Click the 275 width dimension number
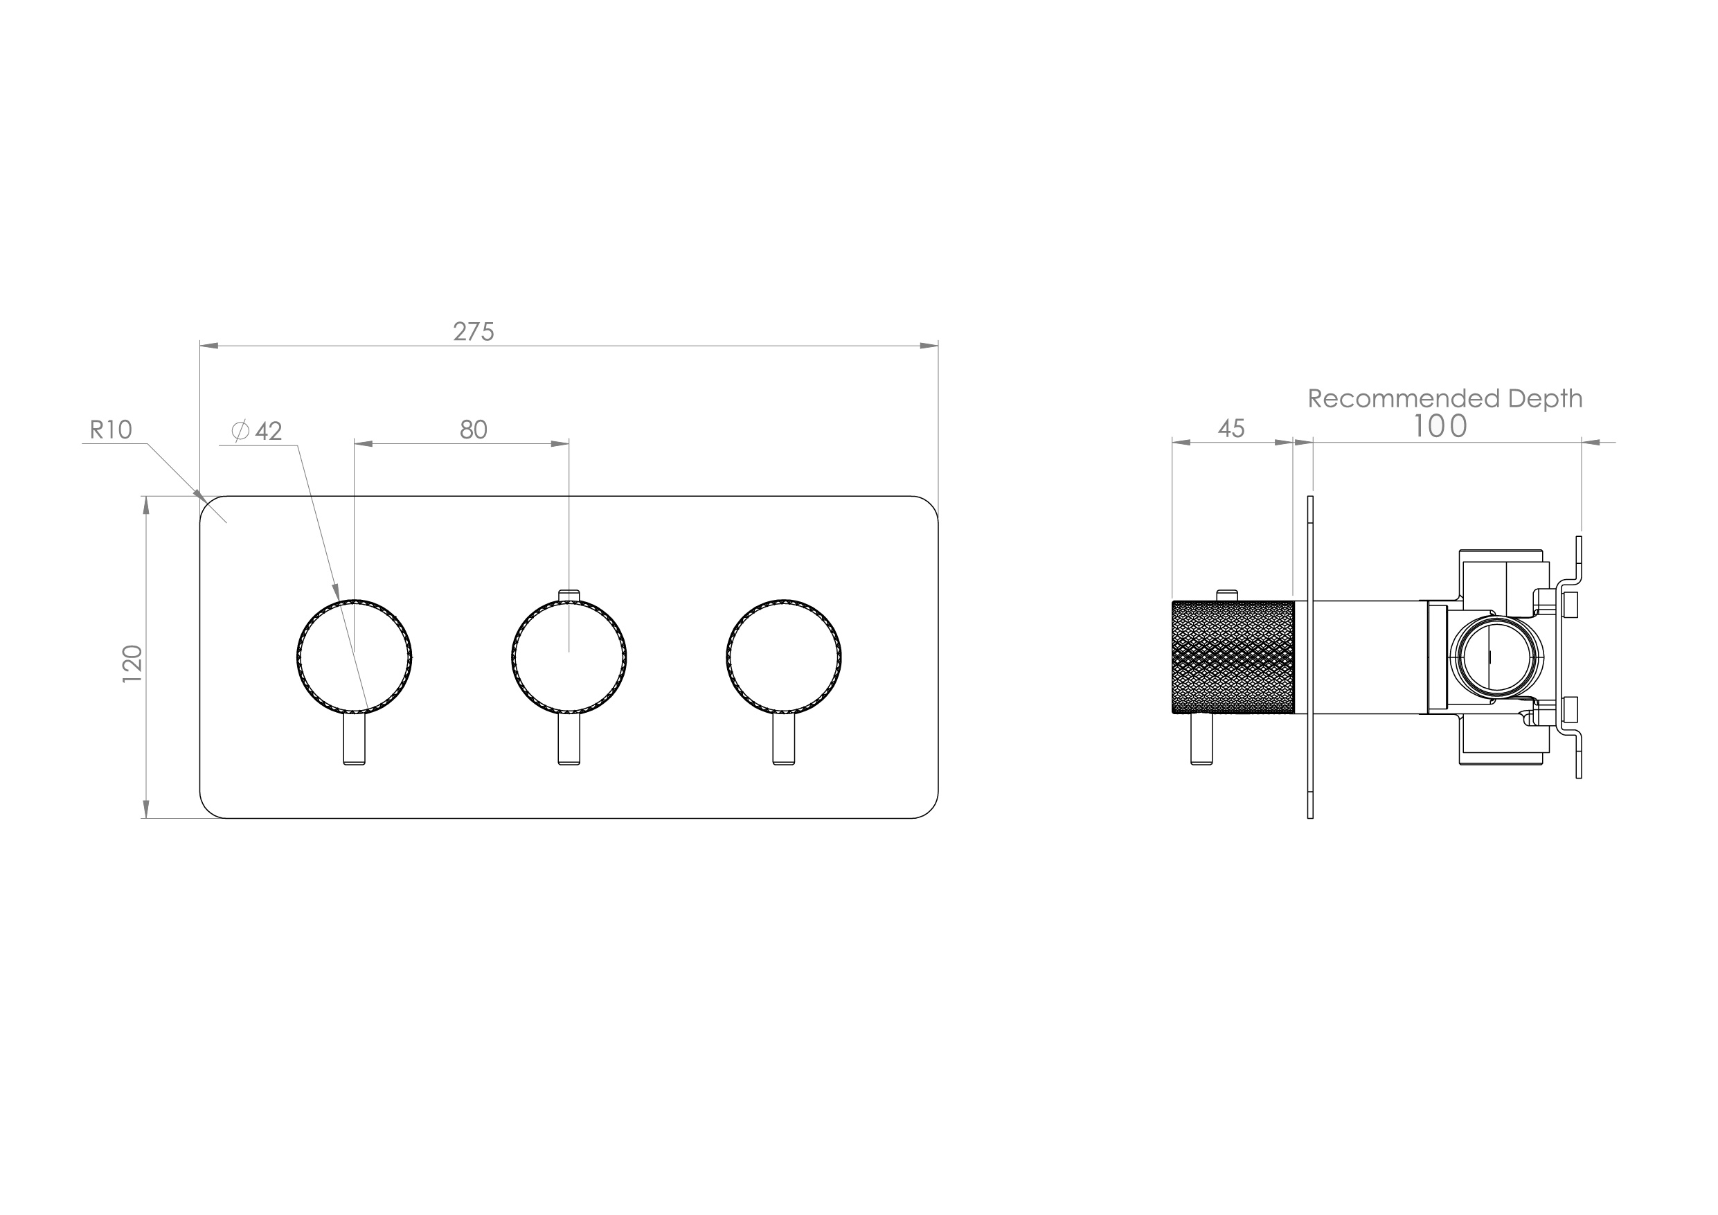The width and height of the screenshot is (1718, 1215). [473, 332]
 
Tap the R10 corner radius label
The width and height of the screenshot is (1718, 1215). [111, 429]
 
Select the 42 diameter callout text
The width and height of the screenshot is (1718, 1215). [268, 431]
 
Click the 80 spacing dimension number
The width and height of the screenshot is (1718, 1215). [473, 429]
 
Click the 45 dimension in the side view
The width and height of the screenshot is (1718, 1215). [1231, 428]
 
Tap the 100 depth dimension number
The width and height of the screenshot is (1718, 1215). [1439, 427]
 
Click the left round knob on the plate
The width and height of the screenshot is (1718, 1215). [355, 657]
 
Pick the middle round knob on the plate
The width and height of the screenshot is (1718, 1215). [569, 657]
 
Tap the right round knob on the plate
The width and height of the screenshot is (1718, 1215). [783, 657]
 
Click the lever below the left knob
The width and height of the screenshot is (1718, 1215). [355, 739]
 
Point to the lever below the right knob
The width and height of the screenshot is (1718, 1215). [783, 739]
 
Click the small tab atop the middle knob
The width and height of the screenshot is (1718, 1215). [569, 595]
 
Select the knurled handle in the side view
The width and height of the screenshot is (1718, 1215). [1233, 657]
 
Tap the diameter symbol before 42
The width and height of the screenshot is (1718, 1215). [240, 431]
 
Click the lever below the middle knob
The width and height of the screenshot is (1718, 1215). [569, 739]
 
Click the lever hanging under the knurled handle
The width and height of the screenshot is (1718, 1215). [1201, 739]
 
